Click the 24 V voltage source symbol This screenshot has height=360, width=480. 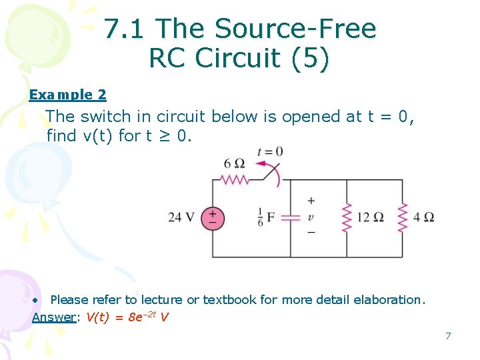click(x=213, y=218)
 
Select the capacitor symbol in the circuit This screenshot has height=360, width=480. click(x=290, y=218)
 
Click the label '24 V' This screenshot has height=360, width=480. click(x=182, y=217)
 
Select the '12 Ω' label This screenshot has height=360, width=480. click(x=370, y=217)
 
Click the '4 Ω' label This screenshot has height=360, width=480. click(x=423, y=217)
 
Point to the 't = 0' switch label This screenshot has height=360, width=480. click(x=269, y=151)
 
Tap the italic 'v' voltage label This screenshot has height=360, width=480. click(x=311, y=217)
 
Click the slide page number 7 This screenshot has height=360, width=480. click(x=448, y=336)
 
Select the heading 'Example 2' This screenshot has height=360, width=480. click(x=67, y=95)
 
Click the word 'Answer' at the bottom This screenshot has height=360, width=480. click(x=54, y=317)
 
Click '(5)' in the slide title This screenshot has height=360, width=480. click(x=311, y=59)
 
